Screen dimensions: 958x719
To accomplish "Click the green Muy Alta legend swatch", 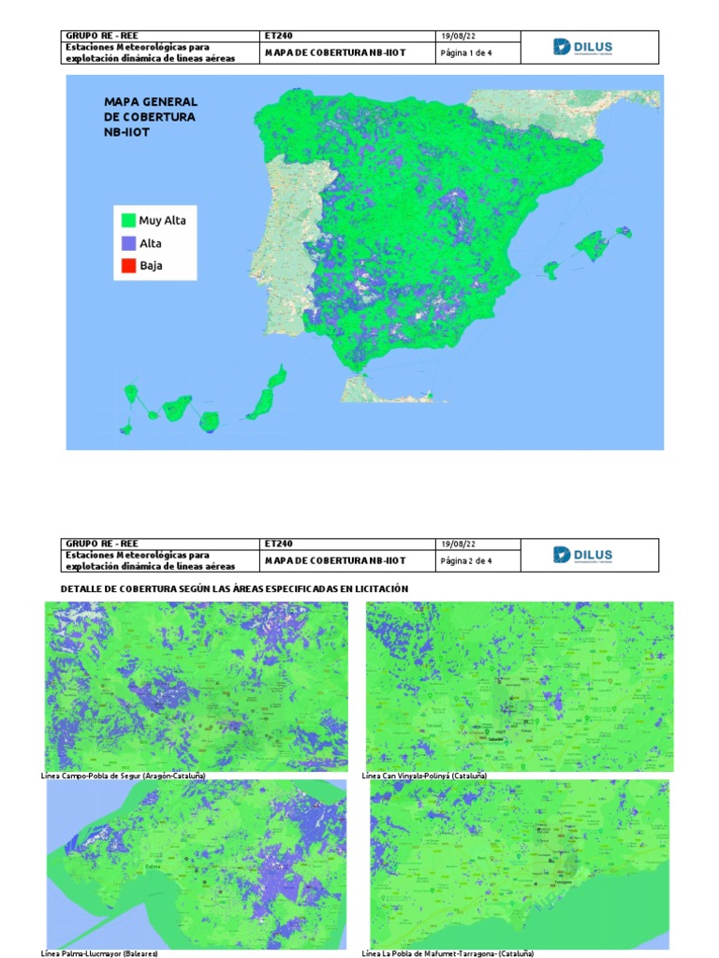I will click(127, 221).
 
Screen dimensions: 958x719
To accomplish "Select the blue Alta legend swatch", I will click(127, 243).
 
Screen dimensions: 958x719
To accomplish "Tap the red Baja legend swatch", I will click(127, 266).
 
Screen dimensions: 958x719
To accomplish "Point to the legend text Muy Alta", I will click(162, 221).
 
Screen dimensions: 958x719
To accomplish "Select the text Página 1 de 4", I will click(466, 53).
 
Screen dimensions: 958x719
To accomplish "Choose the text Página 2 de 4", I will click(466, 560).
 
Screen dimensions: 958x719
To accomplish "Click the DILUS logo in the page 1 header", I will click(583, 48).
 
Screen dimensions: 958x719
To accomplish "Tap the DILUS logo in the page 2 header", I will click(583, 555).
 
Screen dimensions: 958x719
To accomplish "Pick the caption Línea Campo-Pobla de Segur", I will click(124, 777).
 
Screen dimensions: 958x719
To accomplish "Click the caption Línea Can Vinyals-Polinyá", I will click(424, 777).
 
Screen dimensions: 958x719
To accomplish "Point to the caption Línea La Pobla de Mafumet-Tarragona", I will click(448, 953).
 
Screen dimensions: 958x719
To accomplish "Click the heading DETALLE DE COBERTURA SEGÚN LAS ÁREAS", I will click(234, 588).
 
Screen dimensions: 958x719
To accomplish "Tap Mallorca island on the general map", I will click(591, 246).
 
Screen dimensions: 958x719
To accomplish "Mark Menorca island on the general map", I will click(624, 231).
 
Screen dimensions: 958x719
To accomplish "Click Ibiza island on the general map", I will click(552, 269).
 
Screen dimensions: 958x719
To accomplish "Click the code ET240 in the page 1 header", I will click(279, 36).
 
